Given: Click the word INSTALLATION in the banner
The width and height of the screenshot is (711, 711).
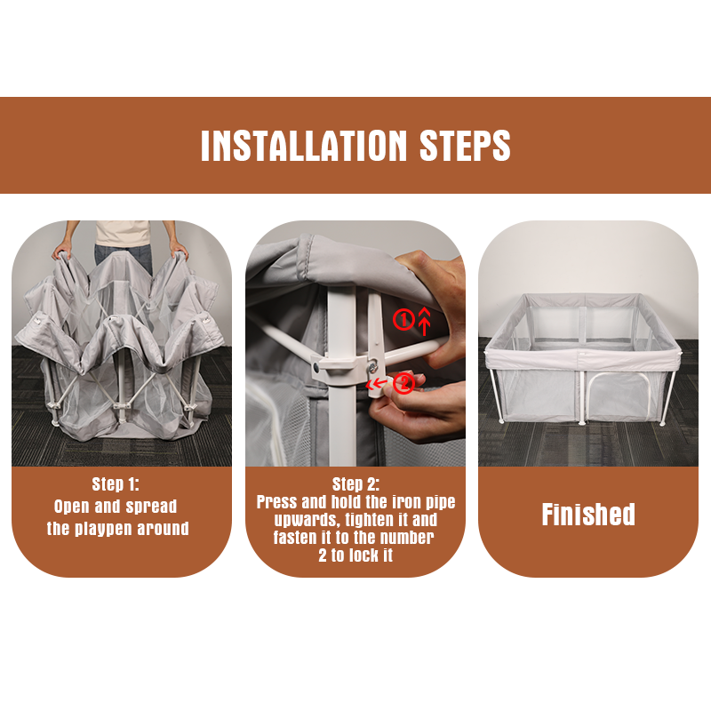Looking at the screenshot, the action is [x=304, y=146].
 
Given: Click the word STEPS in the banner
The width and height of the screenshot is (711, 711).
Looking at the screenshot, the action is [x=465, y=146].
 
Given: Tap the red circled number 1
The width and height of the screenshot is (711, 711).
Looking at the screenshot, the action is [x=403, y=320].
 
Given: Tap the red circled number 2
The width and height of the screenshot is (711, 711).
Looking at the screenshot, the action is [x=403, y=383].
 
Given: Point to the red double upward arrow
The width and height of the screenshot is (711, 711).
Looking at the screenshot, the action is [x=424, y=321].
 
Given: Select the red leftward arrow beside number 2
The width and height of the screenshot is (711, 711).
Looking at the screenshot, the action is [x=376, y=385].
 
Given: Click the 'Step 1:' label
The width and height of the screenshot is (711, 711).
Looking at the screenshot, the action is [x=116, y=484].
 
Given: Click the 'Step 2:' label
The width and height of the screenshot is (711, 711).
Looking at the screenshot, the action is [x=356, y=484].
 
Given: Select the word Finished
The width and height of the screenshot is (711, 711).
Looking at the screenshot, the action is [x=588, y=515].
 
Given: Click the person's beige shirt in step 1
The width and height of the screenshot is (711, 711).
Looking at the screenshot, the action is [x=123, y=233].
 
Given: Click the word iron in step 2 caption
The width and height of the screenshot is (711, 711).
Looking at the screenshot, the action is [x=406, y=502].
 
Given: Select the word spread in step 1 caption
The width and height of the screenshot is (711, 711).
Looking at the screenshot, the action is [x=151, y=507].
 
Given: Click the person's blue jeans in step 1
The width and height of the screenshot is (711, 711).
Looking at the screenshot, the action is [x=124, y=258].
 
